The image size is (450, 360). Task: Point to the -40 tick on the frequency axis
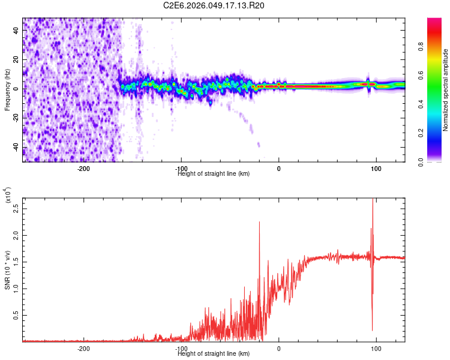coord(15,148)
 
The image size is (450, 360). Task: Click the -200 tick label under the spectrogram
coord(83,169)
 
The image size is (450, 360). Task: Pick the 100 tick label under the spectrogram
coord(376,169)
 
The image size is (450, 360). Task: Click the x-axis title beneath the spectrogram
coord(214,174)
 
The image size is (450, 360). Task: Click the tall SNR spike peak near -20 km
coord(259,222)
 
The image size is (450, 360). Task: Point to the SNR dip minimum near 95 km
coord(373,330)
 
